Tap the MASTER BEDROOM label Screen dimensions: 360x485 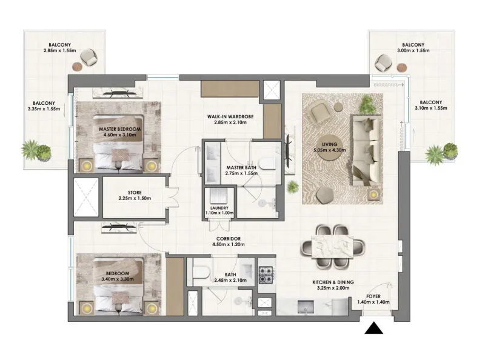[120, 130]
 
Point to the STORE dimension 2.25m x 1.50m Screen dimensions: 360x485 [134, 198]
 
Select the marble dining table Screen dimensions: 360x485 [333, 246]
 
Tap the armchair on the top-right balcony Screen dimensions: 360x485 [383, 61]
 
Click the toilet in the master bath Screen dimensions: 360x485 [269, 163]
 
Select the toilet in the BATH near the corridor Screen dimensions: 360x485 [201, 270]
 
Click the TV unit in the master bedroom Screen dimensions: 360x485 [118, 93]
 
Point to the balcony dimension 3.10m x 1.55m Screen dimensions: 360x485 [432, 108]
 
